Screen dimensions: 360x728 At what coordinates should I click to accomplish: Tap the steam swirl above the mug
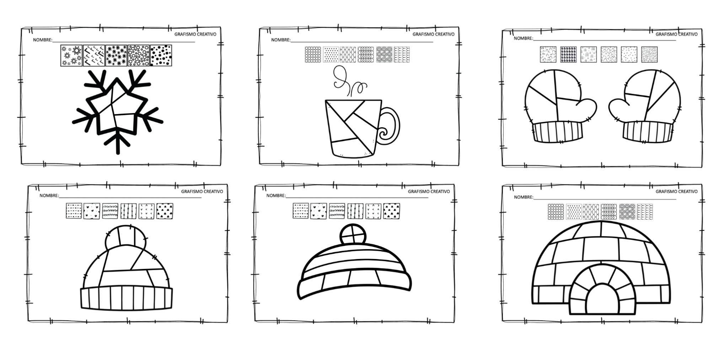[x=341, y=80]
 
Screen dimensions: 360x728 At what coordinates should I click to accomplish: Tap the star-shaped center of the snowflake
[x=116, y=110]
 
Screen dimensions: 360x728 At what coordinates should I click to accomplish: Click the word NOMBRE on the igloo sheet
[x=523, y=197]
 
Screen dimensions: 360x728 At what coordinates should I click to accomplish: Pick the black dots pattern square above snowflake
[x=161, y=55]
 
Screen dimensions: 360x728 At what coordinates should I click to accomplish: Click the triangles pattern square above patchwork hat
[x=165, y=211]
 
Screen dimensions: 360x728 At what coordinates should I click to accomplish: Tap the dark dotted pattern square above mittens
[x=568, y=54]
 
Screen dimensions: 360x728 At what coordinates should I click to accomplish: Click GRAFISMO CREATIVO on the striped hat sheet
[x=429, y=192]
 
